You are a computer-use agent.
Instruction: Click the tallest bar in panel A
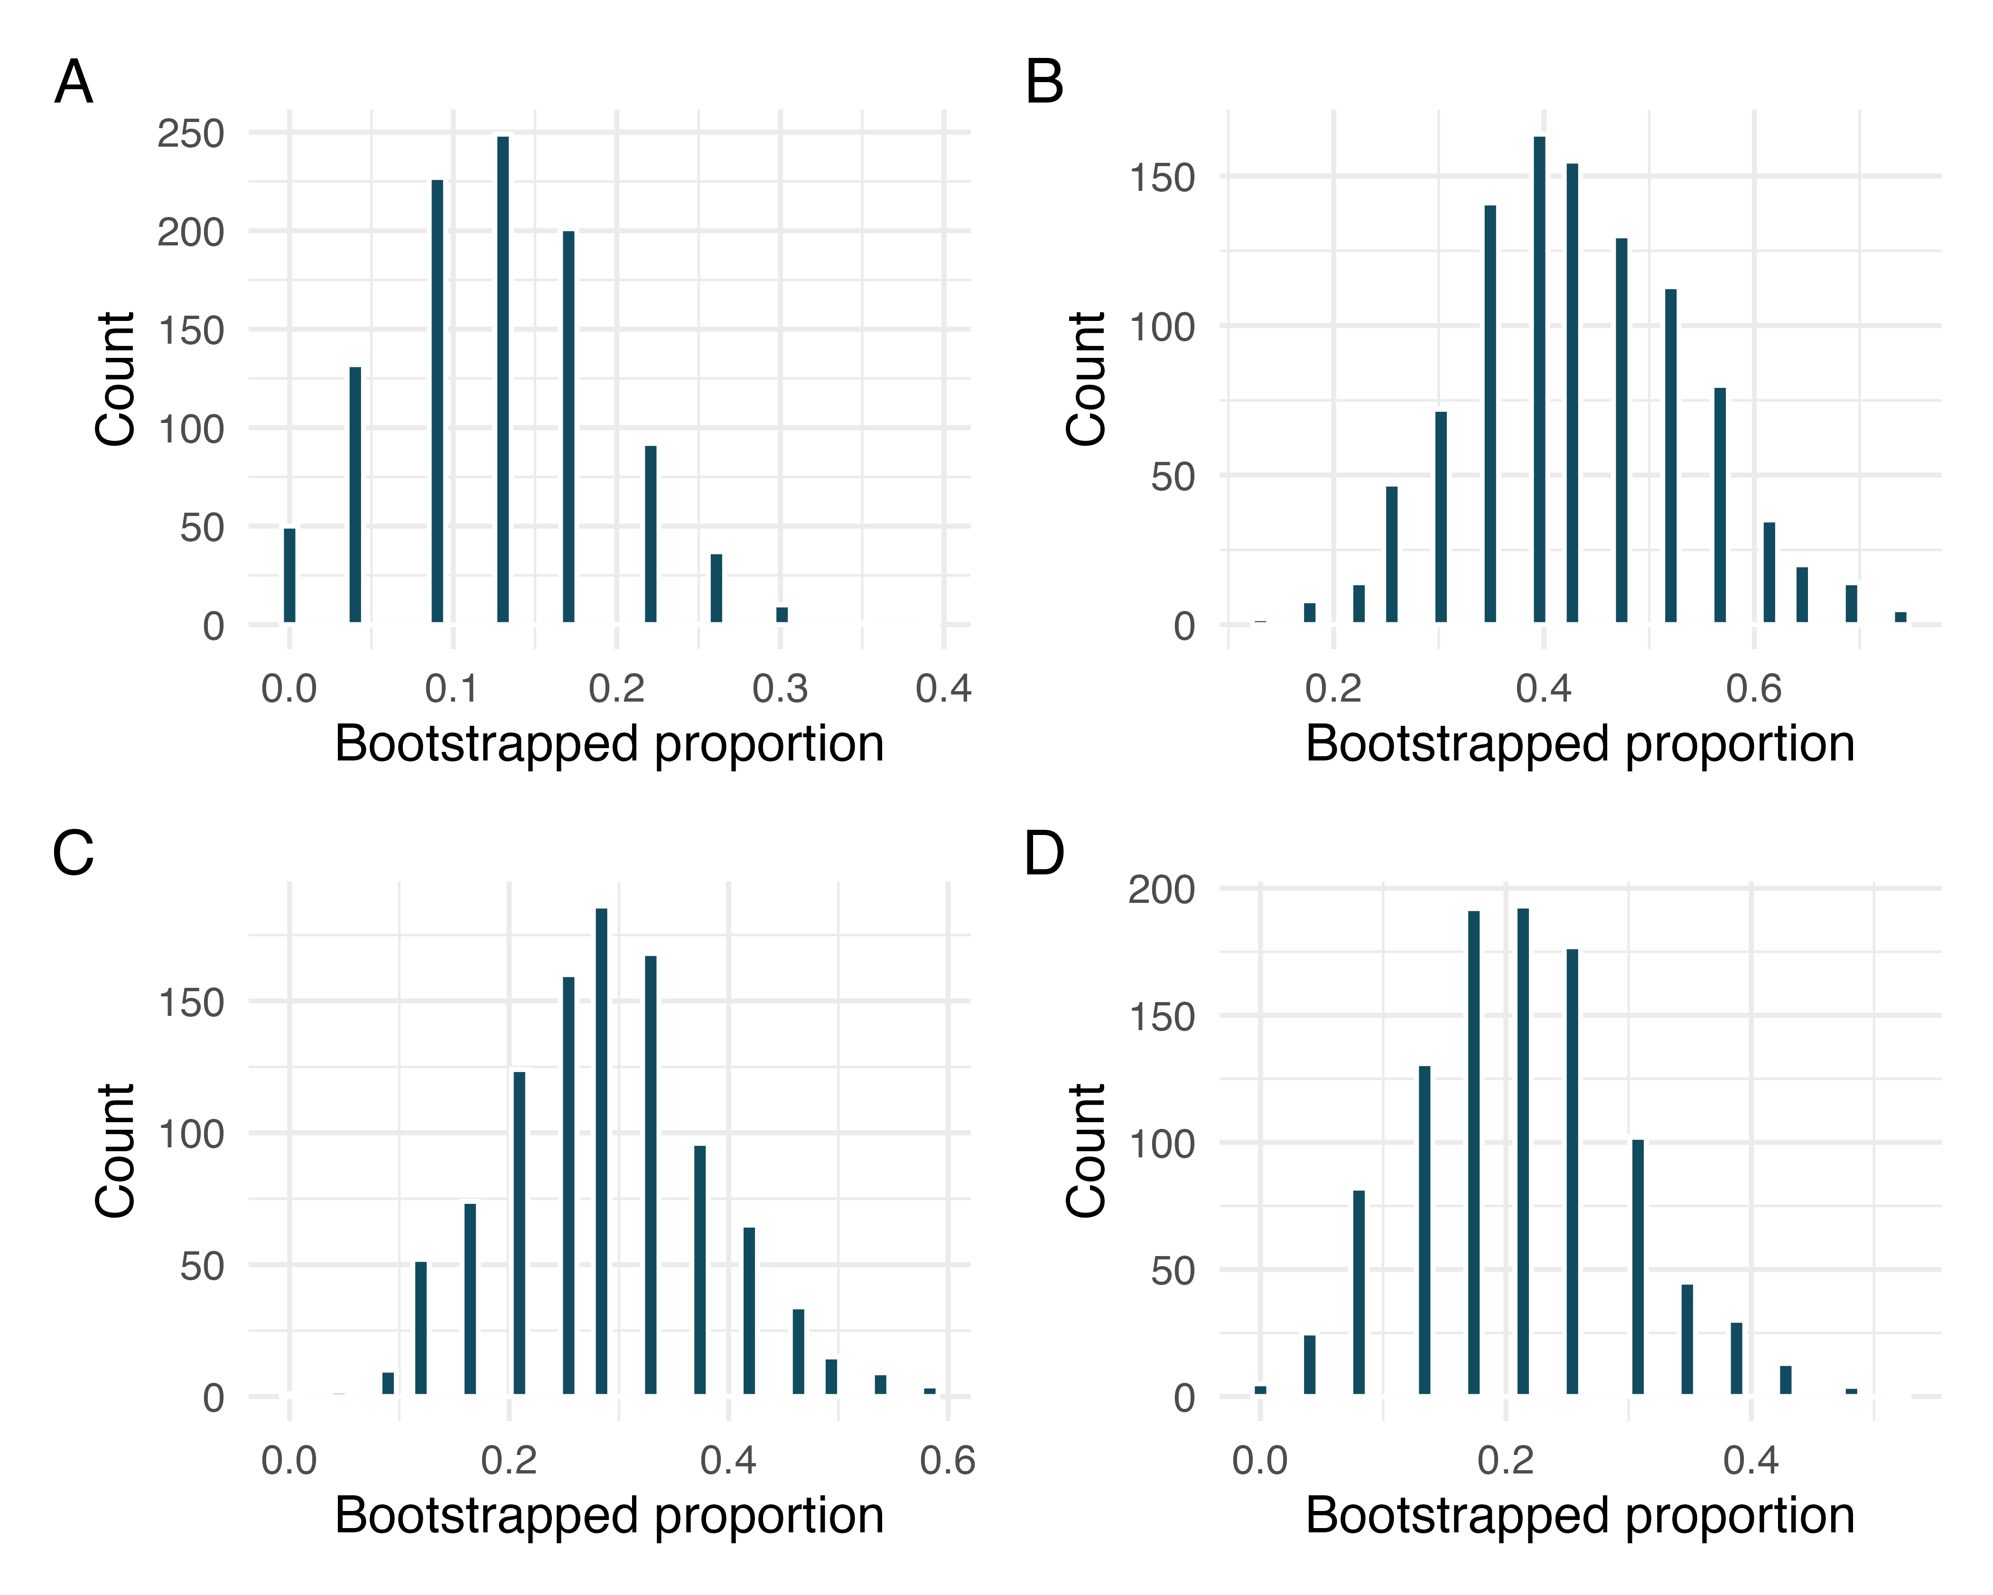click(x=503, y=379)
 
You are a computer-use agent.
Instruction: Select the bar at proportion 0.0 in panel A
click(x=289, y=575)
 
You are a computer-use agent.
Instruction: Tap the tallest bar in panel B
click(x=1539, y=379)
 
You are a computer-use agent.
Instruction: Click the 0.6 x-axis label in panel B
click(x=1753, y=689)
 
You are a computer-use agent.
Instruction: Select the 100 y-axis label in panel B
click(x=1162, y=328)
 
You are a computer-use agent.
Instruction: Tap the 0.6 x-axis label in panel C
click(x=948, y=1461)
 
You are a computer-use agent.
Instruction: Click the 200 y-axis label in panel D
click(x=1162, y=890)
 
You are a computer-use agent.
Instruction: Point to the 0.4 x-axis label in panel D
click(x=1751, y=1461)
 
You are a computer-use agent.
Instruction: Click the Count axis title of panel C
click(x=116, y=1151)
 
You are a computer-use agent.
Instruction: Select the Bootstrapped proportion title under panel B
click(x=1580, y=744)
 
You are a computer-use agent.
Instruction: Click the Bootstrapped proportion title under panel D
click(x=1580, y=1516)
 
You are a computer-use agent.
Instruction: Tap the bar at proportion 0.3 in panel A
click(x=782, y=615)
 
